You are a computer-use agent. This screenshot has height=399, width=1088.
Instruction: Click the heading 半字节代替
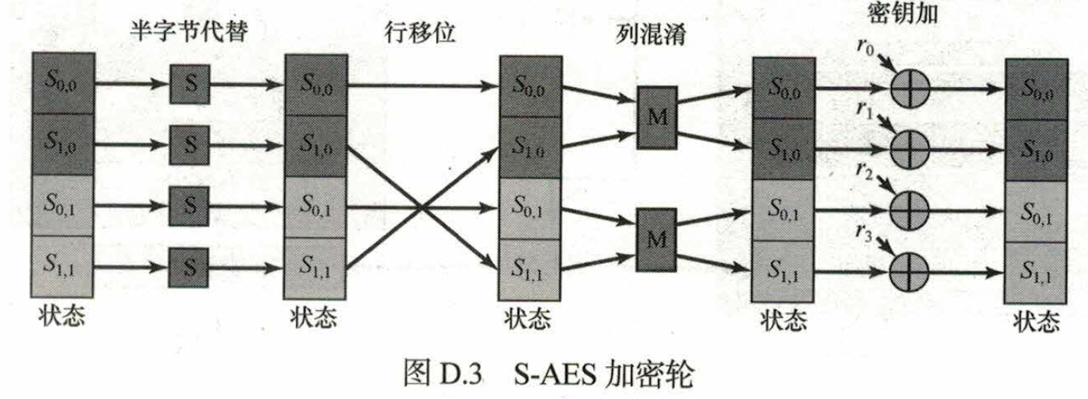click(189, 31)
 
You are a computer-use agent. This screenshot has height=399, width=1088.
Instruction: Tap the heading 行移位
click(420, 33)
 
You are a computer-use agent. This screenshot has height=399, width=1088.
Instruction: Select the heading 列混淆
click(651, 34)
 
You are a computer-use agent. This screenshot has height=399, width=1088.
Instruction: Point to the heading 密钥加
click(902, 13)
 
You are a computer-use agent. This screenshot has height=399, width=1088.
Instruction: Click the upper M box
click(657, 117)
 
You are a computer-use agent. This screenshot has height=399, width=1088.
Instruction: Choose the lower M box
click(657, 240)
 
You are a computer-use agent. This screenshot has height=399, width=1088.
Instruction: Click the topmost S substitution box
click(190, 84)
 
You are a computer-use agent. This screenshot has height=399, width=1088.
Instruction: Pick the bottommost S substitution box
click(189, 268)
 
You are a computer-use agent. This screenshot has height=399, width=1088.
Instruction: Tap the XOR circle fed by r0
click(910, 88)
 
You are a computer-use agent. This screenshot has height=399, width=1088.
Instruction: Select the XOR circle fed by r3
click(909, 272)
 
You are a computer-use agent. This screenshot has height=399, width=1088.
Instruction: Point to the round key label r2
click(864, 171)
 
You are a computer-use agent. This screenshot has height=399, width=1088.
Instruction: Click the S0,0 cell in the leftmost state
click(63, 83)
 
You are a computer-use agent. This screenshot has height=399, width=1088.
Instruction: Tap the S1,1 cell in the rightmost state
click(1036, 273)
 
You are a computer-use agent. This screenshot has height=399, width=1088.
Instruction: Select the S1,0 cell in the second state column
click(316, 146)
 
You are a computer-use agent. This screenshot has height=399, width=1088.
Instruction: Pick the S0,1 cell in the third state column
click(530, 209)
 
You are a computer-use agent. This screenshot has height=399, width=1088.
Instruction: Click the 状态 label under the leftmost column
click(62, 317)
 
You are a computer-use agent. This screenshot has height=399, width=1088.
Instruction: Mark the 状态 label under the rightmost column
click(1036, 321)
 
